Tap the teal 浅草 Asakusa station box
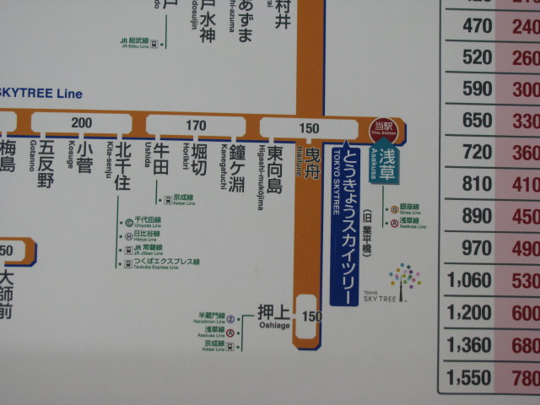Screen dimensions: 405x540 coord(386,161)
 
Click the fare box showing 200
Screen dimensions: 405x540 coord(81,123)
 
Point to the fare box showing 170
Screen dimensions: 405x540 coord(196,126)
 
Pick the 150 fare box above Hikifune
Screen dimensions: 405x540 coord(308,127)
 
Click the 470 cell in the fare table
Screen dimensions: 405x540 coord(477,26)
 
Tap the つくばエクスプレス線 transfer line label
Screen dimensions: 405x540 coord(164,263)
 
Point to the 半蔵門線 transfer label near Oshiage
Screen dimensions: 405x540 coord(211,317)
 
